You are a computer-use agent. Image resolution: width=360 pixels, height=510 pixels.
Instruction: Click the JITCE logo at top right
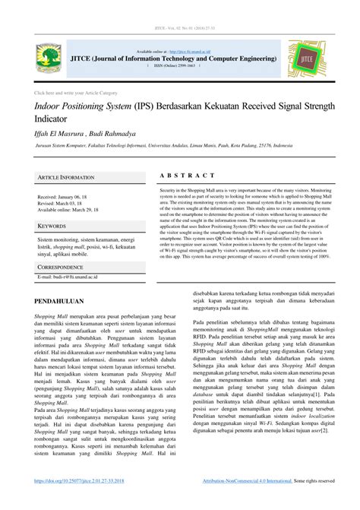coord(307,59)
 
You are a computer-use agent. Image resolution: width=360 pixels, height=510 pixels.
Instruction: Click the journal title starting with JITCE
coord(174,58)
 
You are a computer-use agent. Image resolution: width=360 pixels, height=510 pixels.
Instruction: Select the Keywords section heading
coord(53,226)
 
